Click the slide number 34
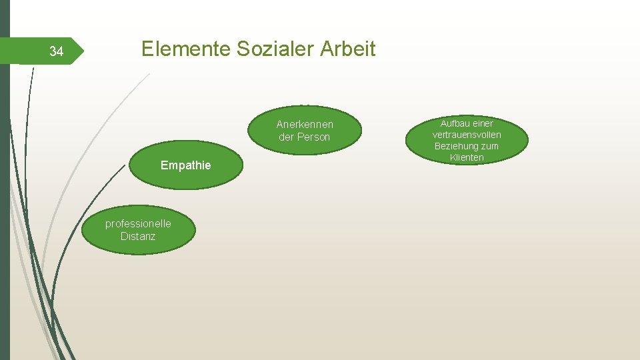57,52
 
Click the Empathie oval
185,165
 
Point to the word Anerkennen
305,125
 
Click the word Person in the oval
313,137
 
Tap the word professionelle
138,223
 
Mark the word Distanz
138,236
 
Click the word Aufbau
457,123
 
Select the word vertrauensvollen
467,135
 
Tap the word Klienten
467,157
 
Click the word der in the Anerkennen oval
287,137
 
